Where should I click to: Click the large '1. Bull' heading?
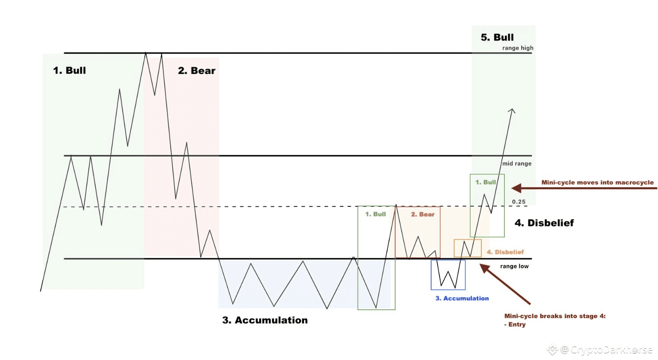69,70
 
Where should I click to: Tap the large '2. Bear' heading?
196,71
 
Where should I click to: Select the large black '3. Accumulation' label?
265,320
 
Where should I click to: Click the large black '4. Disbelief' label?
544,223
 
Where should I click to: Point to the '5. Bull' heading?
497,38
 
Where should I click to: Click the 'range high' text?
518,48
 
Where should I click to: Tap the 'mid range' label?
517,164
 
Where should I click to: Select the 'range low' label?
514,266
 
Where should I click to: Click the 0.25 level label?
519,202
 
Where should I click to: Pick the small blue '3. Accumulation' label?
462,298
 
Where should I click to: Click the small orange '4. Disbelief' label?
505,252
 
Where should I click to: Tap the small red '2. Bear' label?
422,214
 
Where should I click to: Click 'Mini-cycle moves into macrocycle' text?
597,183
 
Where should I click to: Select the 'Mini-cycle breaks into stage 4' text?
555,316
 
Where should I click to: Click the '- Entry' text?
515,324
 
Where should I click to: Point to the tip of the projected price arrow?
512,109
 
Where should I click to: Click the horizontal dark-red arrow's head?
516,188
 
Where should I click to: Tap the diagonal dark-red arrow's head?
484,267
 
